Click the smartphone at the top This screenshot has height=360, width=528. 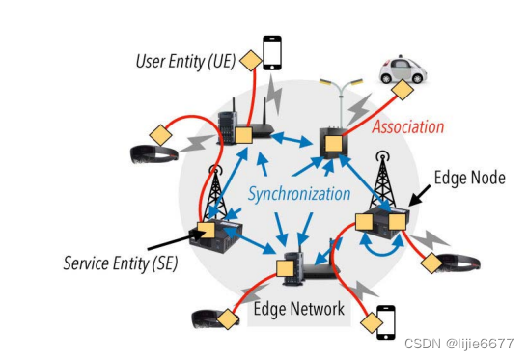(272, 53)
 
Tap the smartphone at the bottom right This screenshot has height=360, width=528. (385, 320)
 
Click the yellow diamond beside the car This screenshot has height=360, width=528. (399, 92)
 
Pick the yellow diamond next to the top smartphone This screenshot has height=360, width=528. (250, 62)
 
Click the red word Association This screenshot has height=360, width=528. (408, 126)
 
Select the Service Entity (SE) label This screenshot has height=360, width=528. (121, 262)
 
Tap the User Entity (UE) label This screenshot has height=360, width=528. (184, 63)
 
